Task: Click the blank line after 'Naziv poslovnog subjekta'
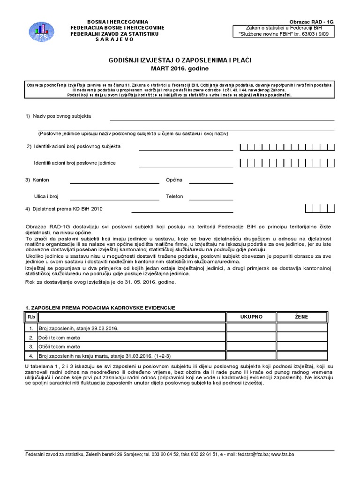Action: pos(221,119)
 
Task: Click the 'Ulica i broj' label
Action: pos(46,196)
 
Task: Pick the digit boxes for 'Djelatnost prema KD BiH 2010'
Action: pos(319,209)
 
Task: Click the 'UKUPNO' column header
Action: pos(251,317)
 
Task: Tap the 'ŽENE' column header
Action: pos(301,317)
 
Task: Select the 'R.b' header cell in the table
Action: pos(31,317)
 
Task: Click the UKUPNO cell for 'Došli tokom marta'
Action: pos(251,337)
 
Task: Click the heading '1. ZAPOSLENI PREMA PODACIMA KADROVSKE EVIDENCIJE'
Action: pos(100,307)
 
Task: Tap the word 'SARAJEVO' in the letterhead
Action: pos(114,39)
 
